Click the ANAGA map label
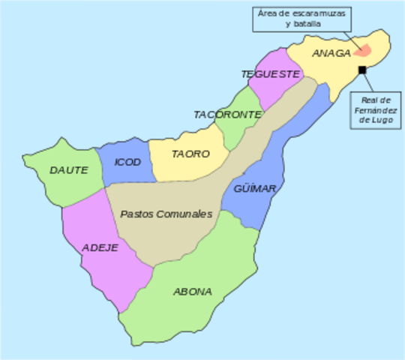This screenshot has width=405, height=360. (x=331, y=53)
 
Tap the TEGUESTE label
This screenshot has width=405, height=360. (x=271, y=74)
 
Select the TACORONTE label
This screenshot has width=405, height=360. (x=227, y=115)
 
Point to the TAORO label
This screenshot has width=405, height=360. (x=190, y=154)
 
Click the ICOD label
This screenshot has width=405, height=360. (x=127, y=162)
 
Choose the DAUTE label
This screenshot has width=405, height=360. (x=69, y=170)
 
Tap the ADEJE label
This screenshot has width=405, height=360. (x=100, y=247)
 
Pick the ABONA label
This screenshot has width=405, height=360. (x=193, y=291)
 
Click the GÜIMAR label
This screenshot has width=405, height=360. (x=254, y=188)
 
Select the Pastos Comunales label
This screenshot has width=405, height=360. (x=166, y=214)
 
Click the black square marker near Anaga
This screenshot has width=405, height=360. (x=362, y=70)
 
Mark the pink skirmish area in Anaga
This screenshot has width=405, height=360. (x=362, y=51)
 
